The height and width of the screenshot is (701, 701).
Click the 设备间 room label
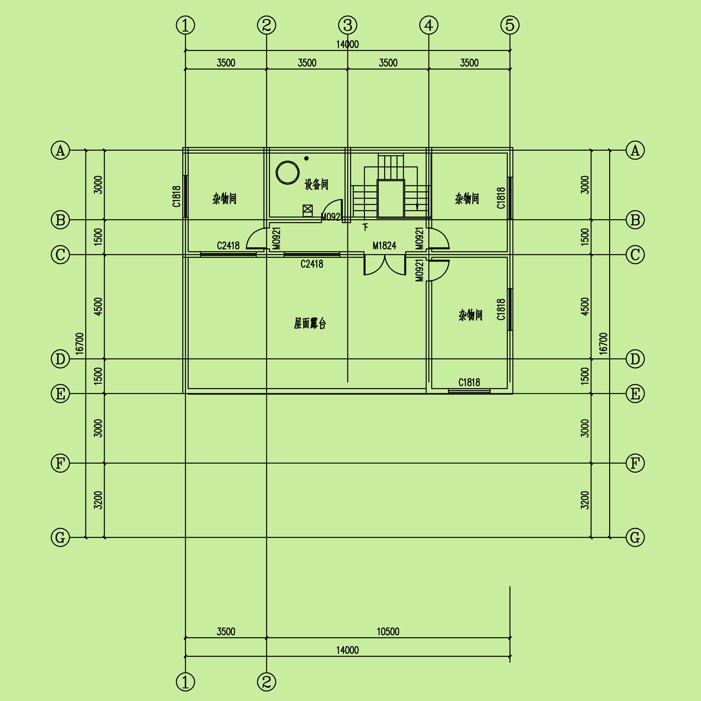pos(316,184)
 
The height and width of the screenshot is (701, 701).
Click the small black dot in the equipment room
pos(307,158)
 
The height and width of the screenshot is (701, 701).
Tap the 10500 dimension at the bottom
pos(388,632)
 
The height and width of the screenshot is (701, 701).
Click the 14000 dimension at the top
pos(348,44)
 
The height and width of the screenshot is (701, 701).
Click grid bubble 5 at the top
pos(510,25)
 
